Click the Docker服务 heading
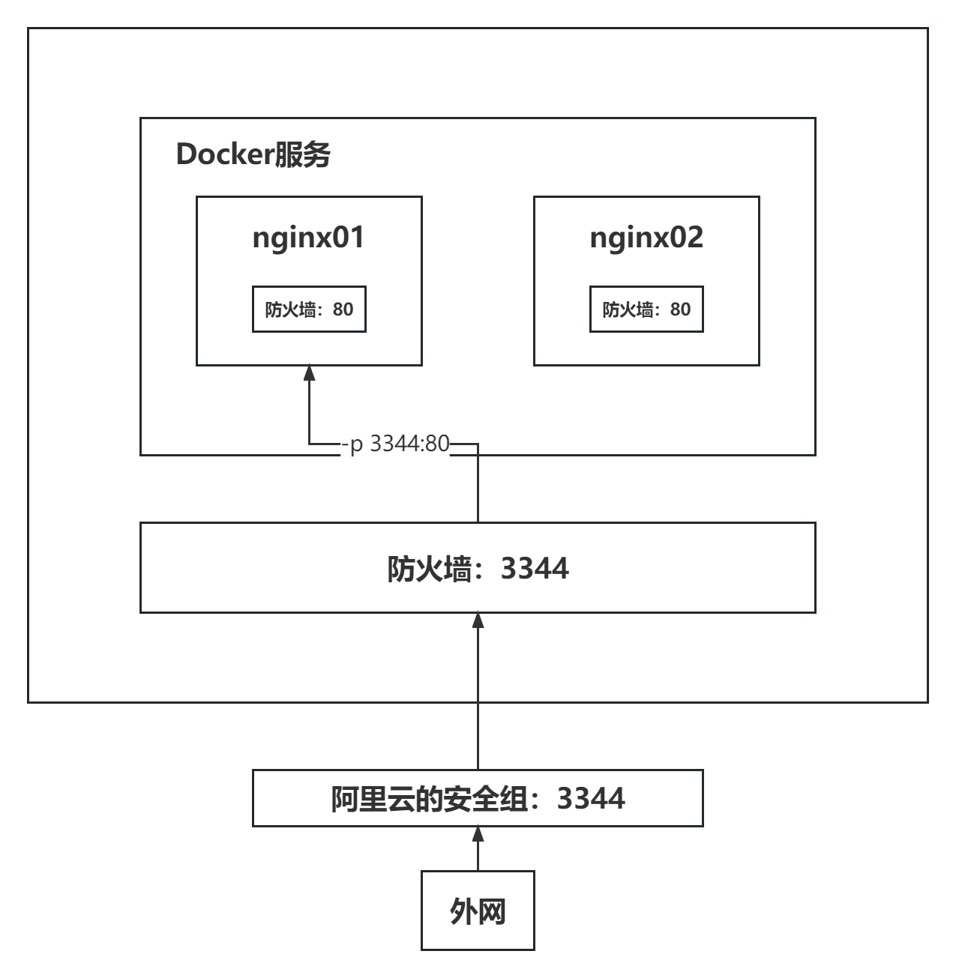(x=253, y=154)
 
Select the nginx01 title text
(x=308, y=237)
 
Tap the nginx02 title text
(x=646, y=237)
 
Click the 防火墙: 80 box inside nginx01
(x=309, y=309)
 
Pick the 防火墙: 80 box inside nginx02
(x=646, y=309)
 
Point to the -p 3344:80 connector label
(x=395, y=444)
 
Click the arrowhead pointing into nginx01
(x=309, y=372)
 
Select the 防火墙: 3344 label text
(x=478, y=568)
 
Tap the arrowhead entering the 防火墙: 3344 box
(x=478, y=620)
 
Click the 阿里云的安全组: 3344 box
(x=478, y=798)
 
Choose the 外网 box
(x=478, y=911)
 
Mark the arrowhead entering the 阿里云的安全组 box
(x=478, y=833)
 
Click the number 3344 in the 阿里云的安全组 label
(x=591, y=798)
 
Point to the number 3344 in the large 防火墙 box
(x=535, y=568)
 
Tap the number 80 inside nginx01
(x=343, y=309)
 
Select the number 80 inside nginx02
(x=680, y=309)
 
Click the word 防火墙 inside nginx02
(x=628, y=309)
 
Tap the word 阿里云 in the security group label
(x=367, y=799)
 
